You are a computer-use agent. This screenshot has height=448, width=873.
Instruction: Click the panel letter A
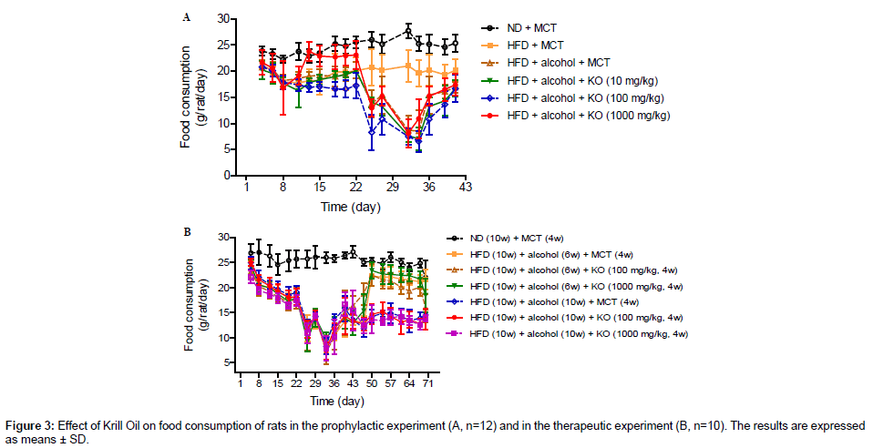point(187,16)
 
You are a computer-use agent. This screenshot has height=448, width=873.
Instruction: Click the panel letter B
point(188,232)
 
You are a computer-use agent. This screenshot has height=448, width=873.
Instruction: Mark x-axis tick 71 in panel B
point(427,385)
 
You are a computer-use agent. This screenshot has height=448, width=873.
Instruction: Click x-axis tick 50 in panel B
point(371,385)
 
